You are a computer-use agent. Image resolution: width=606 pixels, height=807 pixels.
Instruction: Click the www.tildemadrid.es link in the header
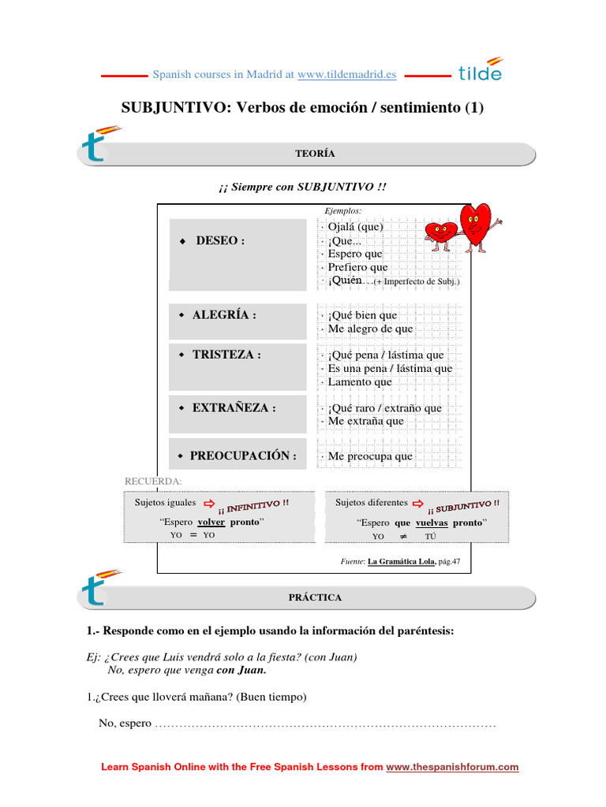point(347,75)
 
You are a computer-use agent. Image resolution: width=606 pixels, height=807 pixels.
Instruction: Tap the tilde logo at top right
point(480,70)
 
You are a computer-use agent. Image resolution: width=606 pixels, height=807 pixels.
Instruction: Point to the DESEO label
point(220,240)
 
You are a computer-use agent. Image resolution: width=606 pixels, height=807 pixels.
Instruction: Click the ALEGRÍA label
point(224,315)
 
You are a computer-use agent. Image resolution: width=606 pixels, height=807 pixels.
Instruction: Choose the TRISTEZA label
point(226,355)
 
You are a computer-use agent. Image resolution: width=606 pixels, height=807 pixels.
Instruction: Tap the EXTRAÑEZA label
point(234,408)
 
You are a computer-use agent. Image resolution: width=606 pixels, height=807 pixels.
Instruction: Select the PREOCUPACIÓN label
point(243,456)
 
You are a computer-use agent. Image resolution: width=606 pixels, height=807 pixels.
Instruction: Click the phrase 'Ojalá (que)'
point(356,227)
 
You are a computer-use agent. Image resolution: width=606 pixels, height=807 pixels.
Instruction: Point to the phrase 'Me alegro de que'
point(370,329)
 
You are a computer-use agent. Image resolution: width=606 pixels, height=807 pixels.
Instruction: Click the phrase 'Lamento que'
point(360,382)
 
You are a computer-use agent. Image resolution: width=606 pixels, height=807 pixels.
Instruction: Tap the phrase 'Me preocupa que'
point(370,456)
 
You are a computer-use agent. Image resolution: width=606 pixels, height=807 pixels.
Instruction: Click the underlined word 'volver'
point(211,522)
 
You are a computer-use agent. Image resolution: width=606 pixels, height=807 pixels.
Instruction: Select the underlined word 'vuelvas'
point(432,523)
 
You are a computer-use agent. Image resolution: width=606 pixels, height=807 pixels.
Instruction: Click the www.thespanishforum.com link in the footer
point(452,767)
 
